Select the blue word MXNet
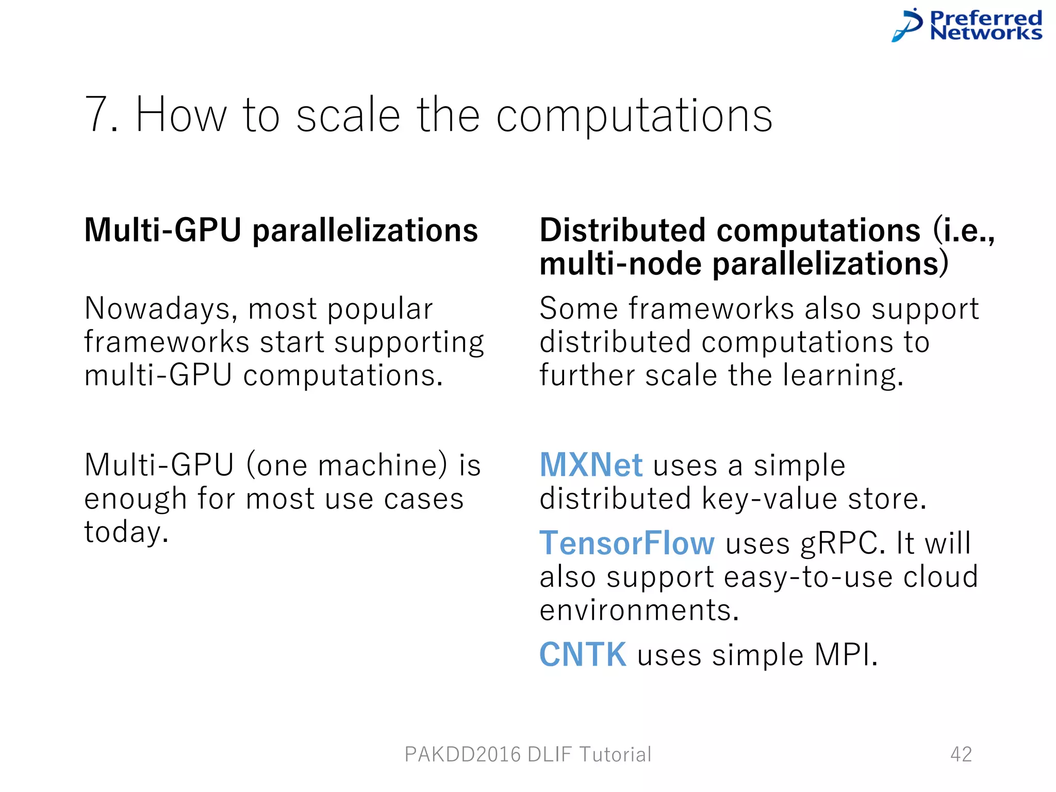(590, 465)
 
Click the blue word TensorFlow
(627, 543)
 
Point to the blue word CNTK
(583, 654)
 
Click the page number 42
(961, 754)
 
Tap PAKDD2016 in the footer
(463, 754)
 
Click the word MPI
(845, 655)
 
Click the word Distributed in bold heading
(622, 230)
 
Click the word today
(126, 533)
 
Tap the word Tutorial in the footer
(616, 754)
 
